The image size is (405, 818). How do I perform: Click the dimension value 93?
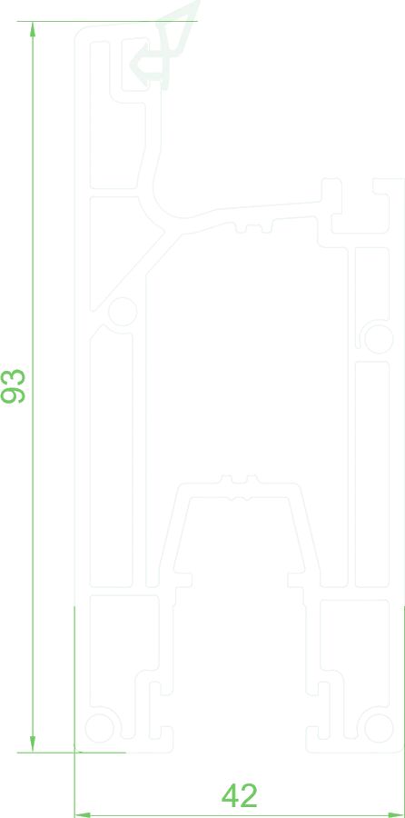point(13,386)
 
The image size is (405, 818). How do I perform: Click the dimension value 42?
point(240,795)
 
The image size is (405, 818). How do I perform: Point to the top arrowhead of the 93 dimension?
point(33,29)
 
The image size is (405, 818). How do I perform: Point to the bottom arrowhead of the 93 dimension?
point(33,744)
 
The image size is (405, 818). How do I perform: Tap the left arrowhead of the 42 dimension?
point(83,814)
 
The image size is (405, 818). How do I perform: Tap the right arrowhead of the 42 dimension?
point(396,814)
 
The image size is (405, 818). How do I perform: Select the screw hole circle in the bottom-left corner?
point(99,728)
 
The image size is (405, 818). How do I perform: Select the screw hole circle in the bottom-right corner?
point(379,728)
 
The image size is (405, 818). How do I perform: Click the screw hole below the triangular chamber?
point(123,312)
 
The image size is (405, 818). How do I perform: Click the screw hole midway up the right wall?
point(379,339)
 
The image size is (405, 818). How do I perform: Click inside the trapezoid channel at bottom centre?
point(239,532)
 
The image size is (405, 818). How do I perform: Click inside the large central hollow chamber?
point(245,365)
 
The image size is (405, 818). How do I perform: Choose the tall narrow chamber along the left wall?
point(111,459)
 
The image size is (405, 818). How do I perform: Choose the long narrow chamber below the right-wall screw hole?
point(372,474)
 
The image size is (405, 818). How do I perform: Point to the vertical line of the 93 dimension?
point(33,387)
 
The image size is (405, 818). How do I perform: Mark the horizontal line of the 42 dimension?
point(240,814)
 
